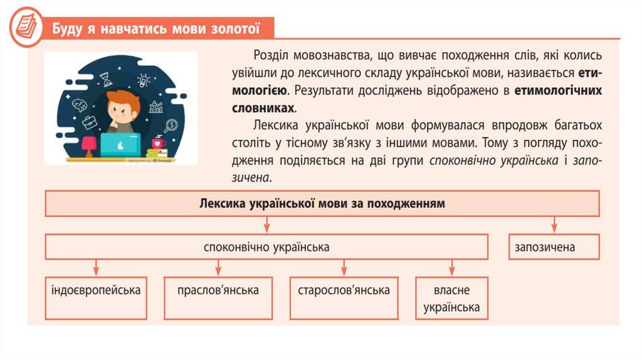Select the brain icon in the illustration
click(79, 104)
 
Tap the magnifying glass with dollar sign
click(167, 125)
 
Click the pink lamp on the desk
click(88, 143)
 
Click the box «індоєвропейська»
click(96, 290)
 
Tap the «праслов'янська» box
click(218, 290)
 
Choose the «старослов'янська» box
click(344, 290)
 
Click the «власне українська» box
click(451, 299)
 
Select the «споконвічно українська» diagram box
click(266, 247)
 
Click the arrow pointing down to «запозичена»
click(554, 225)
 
